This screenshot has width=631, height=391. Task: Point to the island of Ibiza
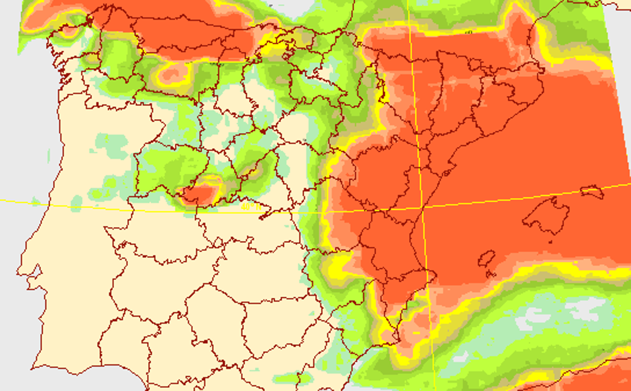[x=486, y=259]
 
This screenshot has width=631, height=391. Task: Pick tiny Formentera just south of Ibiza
[x=492, y=274]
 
